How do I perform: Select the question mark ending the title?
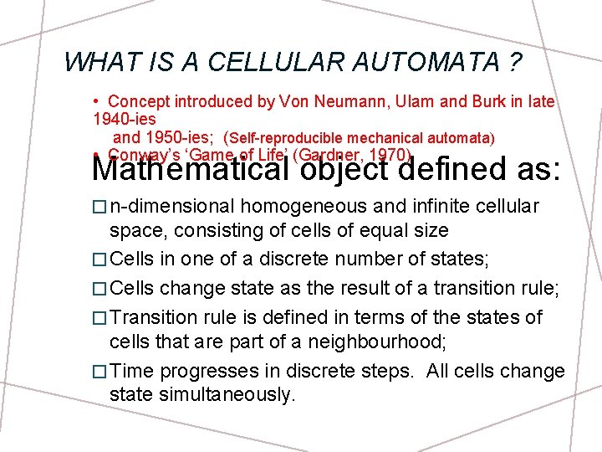(517, 62)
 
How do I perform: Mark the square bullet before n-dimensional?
(99, 207)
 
